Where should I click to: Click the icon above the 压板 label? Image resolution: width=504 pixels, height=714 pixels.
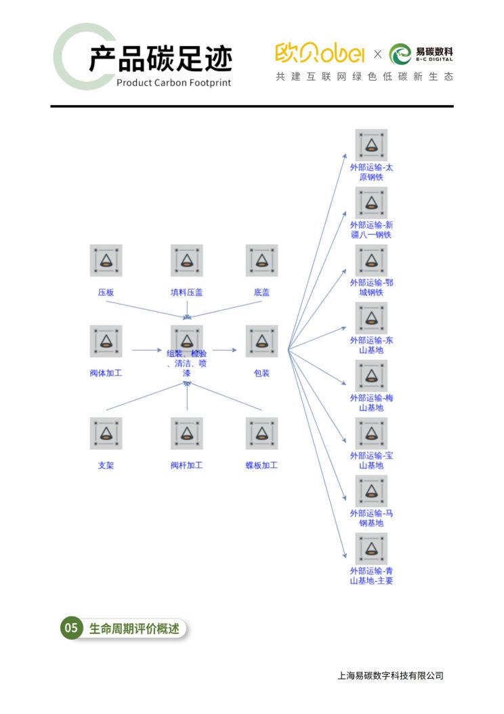point(106,260)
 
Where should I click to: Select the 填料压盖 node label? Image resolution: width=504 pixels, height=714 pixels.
point(187,292)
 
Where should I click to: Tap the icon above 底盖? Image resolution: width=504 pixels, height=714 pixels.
point(261,260)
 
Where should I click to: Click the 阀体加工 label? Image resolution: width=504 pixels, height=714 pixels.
point(106,373)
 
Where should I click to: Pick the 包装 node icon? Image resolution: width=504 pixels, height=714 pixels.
point(261,341)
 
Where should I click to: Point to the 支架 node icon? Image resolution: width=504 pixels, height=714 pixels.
point(106,433)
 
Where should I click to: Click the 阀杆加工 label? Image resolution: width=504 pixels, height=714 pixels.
point(187,465)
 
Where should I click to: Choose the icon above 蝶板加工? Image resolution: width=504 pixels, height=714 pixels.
point(261,433)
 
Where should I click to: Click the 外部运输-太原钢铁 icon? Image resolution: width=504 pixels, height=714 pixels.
point(371,145)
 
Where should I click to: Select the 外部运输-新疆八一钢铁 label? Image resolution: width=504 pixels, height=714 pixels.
point(371,230)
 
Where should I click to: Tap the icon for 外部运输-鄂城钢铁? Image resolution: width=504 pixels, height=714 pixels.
point(371,260)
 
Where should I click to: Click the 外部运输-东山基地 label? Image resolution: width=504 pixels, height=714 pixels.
point(371,345)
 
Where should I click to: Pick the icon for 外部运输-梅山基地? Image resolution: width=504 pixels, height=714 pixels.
point(371,376)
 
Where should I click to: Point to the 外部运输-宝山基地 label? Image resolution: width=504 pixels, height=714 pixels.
point(371,460)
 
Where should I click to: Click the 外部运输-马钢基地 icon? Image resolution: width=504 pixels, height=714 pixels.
point(371,491)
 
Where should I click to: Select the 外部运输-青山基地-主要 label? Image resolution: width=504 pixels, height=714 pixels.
point(371,576)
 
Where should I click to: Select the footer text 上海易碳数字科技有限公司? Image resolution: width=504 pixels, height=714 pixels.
point(390,675)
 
